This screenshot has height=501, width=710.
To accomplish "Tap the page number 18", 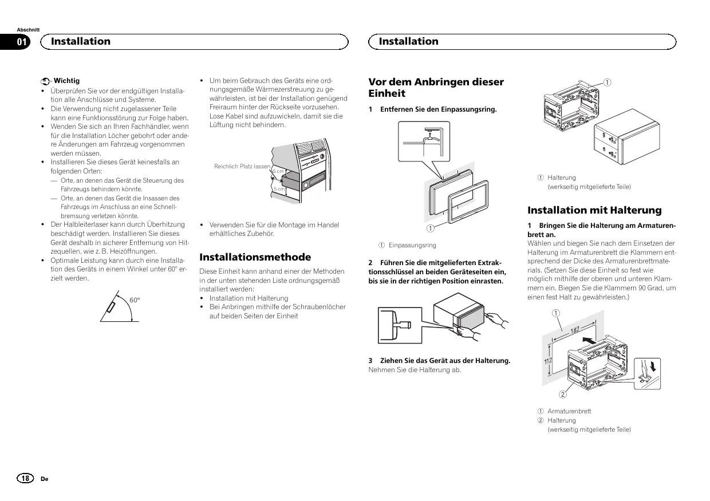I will pos(26,478).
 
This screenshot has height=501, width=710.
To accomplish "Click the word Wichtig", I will pos(66,81).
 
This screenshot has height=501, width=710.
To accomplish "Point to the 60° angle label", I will pos(135,300).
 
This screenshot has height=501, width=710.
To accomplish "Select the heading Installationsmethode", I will pos(255,257).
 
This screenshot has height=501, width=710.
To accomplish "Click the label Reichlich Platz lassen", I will pos(242,166).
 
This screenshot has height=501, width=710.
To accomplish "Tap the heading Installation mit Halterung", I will pos(594,210).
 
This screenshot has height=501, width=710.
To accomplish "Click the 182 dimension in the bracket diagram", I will pos(575,329).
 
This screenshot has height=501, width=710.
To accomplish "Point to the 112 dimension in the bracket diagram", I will pos(547,361).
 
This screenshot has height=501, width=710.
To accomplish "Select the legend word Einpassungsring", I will pos(412,245).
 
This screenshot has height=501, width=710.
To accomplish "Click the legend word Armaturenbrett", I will pos(569,411).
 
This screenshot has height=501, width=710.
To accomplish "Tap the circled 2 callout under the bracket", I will pos(563,394).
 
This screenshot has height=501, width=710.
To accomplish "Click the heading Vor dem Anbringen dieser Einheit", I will pos(436,88).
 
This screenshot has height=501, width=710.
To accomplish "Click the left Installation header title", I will pos(81,41).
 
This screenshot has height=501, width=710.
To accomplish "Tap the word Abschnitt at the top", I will pos(28,29).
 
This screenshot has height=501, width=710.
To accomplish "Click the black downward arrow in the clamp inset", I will pos(654,364).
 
